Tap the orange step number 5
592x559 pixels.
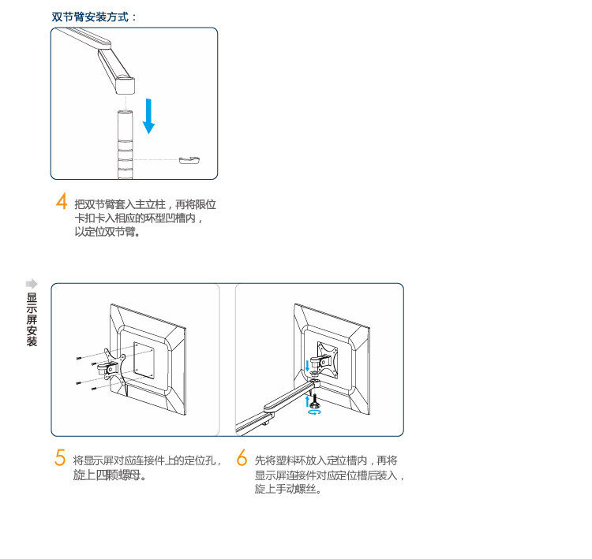pyautogui.click(x=60, y=457)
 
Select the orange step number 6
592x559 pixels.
pyautogui.click(x=242, y=457)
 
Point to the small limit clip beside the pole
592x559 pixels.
pyautogui.click(x=189, y=160)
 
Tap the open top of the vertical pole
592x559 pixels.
pyautogui.click(x=126, y=115)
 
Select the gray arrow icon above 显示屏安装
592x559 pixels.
pyautogui.click(x=32, y=283)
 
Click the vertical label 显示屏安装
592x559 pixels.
pyautogui.click(x=32, y=319)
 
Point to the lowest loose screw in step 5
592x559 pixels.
pyautogui.click(x=92, y=388)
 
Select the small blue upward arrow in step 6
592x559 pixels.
pyautogui.click(x=307, y=400)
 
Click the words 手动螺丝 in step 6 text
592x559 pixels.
pyautogui.click(x=297, y=490)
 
